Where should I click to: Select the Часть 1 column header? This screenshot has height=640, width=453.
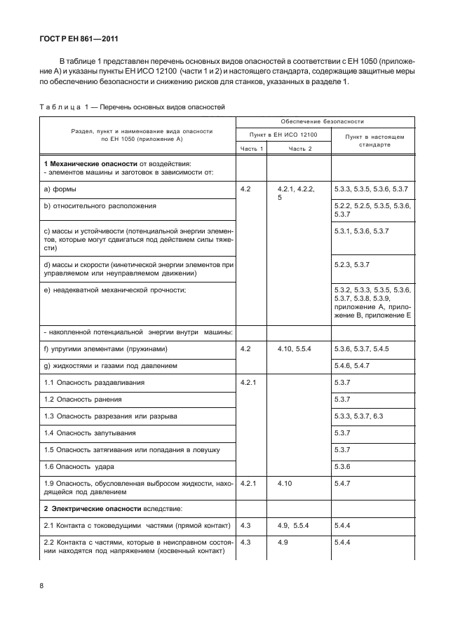pyautogui.click(x=252, y=149)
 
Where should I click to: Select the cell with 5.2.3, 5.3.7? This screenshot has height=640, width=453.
pyautogui.click(x=356, y=265)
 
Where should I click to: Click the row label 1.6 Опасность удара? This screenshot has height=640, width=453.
pyautogui.click(x=74, y=466)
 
